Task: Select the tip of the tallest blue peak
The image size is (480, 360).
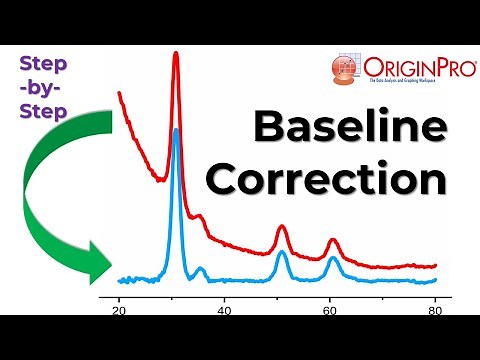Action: click(176, 129)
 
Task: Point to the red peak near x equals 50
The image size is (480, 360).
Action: click(282, 228)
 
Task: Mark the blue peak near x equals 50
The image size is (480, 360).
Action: click(282, 253)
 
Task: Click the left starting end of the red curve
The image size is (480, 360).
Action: click(119, 93)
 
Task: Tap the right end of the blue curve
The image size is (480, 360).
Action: click(436, 279)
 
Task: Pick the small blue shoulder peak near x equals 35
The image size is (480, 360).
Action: click(201, 268)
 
